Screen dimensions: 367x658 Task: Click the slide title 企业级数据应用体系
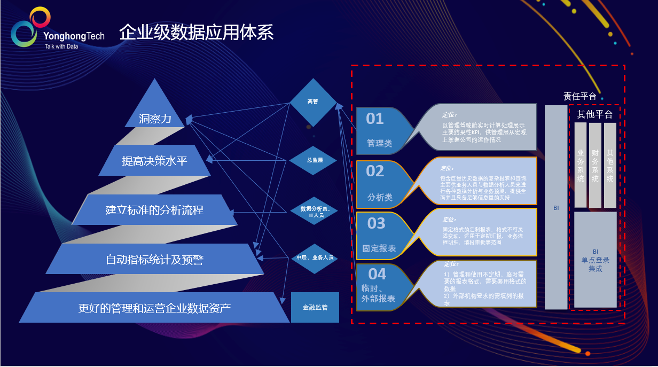pyautogui.click(x=196, y=33)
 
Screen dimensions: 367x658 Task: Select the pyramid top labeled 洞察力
pyautogui.click(x=155, y=118)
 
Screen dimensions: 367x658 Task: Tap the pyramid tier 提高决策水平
pyautogui.click(x=154, y=160)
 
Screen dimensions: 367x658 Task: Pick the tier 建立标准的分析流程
pyautogui.click(x=154, y=210)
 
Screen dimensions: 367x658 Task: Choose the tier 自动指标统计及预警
pyautogui.click(x=154, y=260)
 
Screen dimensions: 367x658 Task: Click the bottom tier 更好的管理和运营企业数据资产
pyautogui.click(x=154, y=308)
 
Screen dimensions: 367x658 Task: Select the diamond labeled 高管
pyautogui.click(x=313, y=101)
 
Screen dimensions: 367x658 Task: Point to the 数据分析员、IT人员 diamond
pyautogui.click(x=314, y=212)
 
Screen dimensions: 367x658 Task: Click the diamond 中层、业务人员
pyautogui.click(x=315, y=257)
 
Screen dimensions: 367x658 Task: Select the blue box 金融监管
pyautogui.click(x=315, y=308)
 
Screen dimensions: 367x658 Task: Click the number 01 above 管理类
pyautogui.click(x=375, y=119)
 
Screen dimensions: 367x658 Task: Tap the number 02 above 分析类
pyautogui.click(x=375, y=171)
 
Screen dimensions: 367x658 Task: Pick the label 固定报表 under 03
pyautogui.click(x=379, y=248)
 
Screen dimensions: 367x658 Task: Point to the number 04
pyautogui.click(x=377, y=274)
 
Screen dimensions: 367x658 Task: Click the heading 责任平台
pyautogui.click(x=579, y=96)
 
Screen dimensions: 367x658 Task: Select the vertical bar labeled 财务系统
pyautogui.click(x=595, y=165)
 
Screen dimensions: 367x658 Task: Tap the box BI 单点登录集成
pyautogui.click(x=595, y=260)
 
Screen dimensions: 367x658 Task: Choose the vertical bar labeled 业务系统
pyautogui.click(x=581, y=165)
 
